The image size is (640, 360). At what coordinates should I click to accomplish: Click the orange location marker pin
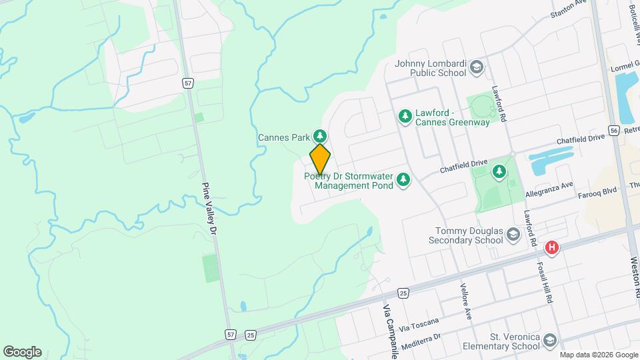[x=320, y=159]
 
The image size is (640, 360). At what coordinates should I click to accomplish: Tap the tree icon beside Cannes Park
[x=320, y=137]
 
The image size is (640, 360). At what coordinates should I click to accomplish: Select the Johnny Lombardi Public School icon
[x=477, y=67]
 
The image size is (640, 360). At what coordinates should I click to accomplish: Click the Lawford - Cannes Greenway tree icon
[x=404, y=117]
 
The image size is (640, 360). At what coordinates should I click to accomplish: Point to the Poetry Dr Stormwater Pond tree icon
[x=403, y=180]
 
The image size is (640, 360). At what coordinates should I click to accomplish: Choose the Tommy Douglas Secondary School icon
[x=513, y=234]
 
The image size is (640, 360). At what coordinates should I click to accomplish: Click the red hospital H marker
[x=551, y=248]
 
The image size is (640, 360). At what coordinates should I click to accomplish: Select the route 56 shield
[x=614, y=129]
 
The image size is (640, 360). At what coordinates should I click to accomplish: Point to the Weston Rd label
[x=634, y=277]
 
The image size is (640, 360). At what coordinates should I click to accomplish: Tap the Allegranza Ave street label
[x=549, y=189]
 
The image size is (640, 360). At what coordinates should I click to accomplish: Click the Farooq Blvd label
[x=598, y=189]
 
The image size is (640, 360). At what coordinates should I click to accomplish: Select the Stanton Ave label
[x=567, y=9]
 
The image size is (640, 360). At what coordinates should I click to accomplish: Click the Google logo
[x=22, y=351]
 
